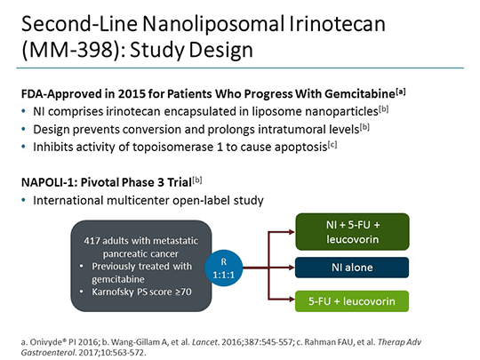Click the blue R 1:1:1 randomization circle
point(224,268)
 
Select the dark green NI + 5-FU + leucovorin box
point(352,232)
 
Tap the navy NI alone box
point(352,268)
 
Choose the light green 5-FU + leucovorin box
point(352,301)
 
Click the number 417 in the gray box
point(92,241)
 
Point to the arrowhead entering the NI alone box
point(292,268)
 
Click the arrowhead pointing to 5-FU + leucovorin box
point(292,299)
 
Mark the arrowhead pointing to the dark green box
point(292,232)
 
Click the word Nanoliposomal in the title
point(213,24)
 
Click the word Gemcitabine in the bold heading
point(360,94)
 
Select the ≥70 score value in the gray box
point(183,292)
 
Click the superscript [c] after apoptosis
point(332,145)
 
